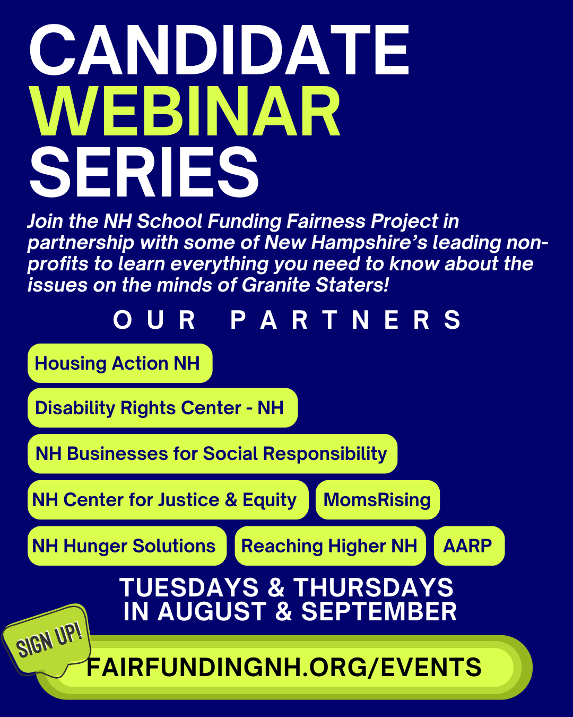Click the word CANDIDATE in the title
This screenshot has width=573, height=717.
tap(219, 50)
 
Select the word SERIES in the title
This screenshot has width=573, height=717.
tap(144, 172)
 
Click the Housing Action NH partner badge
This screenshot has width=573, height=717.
tap(120, 363)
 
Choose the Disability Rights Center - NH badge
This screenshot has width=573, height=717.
tap(162, 407)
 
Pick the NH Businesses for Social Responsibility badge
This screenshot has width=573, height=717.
tap(212, 454)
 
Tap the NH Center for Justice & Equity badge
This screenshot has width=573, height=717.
tap(168, 500)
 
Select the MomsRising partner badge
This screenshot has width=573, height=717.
tap(378, 500)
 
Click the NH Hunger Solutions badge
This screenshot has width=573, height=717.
tap(127, 546)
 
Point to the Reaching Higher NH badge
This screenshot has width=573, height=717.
tap(331, 546)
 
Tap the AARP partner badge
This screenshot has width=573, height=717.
tap(469, 546)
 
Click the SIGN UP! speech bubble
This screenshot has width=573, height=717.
tap(47, 642)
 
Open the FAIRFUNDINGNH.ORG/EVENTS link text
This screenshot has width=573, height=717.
tap(284, 668)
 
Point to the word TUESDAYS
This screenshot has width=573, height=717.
tap(189, 587)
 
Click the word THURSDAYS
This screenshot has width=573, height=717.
tap(373, 587)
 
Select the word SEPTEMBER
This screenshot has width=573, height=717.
tap(379, 611)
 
